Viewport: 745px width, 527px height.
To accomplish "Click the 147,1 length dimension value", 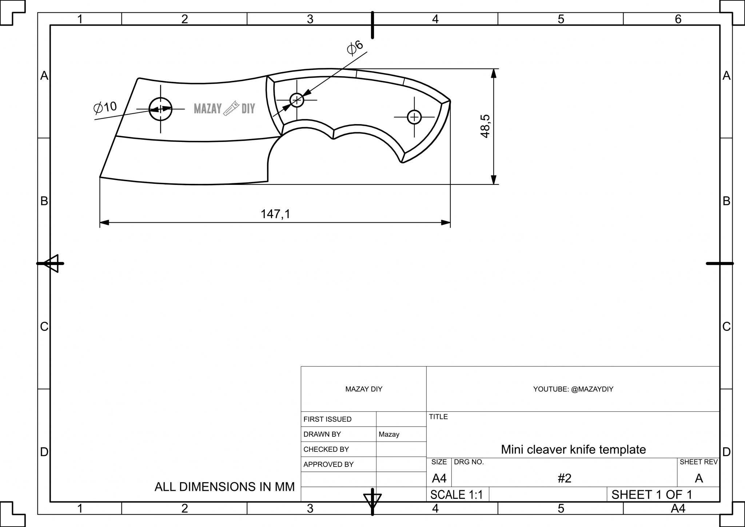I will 275,214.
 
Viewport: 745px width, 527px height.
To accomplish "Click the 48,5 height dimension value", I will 485,126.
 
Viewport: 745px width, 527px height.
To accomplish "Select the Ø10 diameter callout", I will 105,107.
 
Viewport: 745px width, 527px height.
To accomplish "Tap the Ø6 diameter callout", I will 355,48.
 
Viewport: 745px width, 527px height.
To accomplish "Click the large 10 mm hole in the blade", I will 160,109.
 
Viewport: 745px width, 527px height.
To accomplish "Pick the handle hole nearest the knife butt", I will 414,117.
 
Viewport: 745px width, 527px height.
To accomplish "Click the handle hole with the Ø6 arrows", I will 297,100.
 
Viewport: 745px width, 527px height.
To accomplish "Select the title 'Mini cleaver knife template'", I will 573,449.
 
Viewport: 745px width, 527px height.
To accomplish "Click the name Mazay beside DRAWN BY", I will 389,434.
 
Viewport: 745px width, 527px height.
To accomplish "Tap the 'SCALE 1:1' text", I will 457,495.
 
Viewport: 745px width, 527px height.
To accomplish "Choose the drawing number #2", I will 565,478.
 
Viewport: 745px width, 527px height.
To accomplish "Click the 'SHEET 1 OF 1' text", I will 652,495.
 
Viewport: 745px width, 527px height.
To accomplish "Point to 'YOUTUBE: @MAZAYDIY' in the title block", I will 573,389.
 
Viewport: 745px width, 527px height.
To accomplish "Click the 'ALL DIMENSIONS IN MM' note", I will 224,487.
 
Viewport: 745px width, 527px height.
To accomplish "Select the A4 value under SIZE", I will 439,478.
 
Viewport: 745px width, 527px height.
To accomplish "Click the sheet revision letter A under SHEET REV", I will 698,478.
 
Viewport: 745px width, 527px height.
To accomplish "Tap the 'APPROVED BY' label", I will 328,464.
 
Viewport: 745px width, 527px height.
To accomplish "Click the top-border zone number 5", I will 561,19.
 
